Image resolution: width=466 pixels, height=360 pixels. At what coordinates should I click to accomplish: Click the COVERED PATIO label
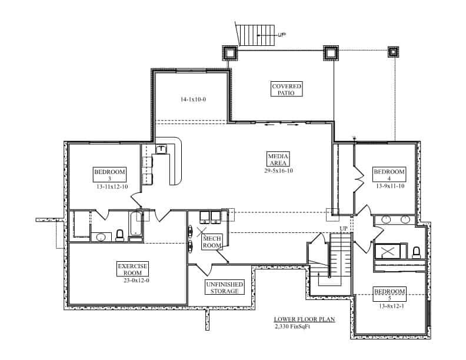pos(287,89)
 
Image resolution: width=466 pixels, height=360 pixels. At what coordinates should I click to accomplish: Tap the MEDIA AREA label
pos(278,159)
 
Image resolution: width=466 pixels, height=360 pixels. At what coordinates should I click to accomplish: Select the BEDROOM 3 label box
pos(110,175)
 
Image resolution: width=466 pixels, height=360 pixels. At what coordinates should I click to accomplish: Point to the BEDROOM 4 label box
pos(390,175)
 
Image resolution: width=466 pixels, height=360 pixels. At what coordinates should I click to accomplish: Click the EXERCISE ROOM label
pos(132,269)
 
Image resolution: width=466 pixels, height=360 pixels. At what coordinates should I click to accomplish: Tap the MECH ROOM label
pos(212,241)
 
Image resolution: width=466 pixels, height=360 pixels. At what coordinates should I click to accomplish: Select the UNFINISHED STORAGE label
pos(222,288)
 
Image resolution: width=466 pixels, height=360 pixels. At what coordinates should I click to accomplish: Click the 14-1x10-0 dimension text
pos(193,99)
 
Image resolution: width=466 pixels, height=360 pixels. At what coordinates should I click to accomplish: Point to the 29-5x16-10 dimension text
pos(278,171)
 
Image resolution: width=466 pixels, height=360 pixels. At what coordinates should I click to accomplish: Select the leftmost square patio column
pos(229,53)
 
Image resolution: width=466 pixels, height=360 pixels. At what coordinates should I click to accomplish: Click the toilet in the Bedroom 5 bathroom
pos(417,252)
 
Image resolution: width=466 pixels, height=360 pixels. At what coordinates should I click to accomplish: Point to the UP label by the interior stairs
pos(344,228)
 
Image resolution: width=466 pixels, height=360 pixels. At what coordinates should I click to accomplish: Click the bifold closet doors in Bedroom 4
pos(357,178)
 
